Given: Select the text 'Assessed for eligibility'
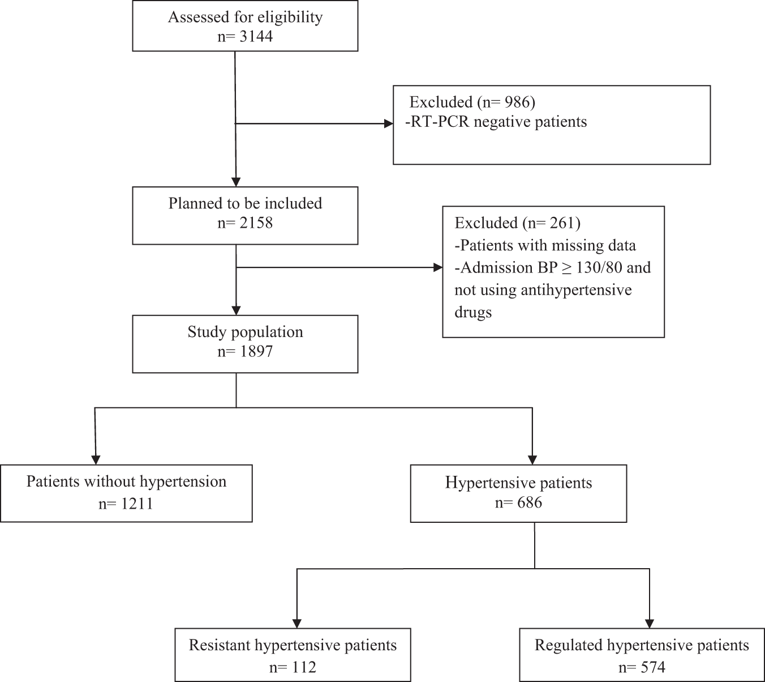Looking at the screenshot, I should [x=245, y=17].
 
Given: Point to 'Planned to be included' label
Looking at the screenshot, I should [x=245, y=203].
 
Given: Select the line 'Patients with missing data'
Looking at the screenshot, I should [x=545, y=245].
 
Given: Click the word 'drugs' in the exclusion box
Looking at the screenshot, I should [x=473, y=312].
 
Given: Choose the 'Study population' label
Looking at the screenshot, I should [x=245, y=332].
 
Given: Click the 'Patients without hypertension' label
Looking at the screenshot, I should [x=126, y=481].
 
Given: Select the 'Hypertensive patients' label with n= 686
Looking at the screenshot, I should [x=518, y=483].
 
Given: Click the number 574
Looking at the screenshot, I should [x=651, y=667].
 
